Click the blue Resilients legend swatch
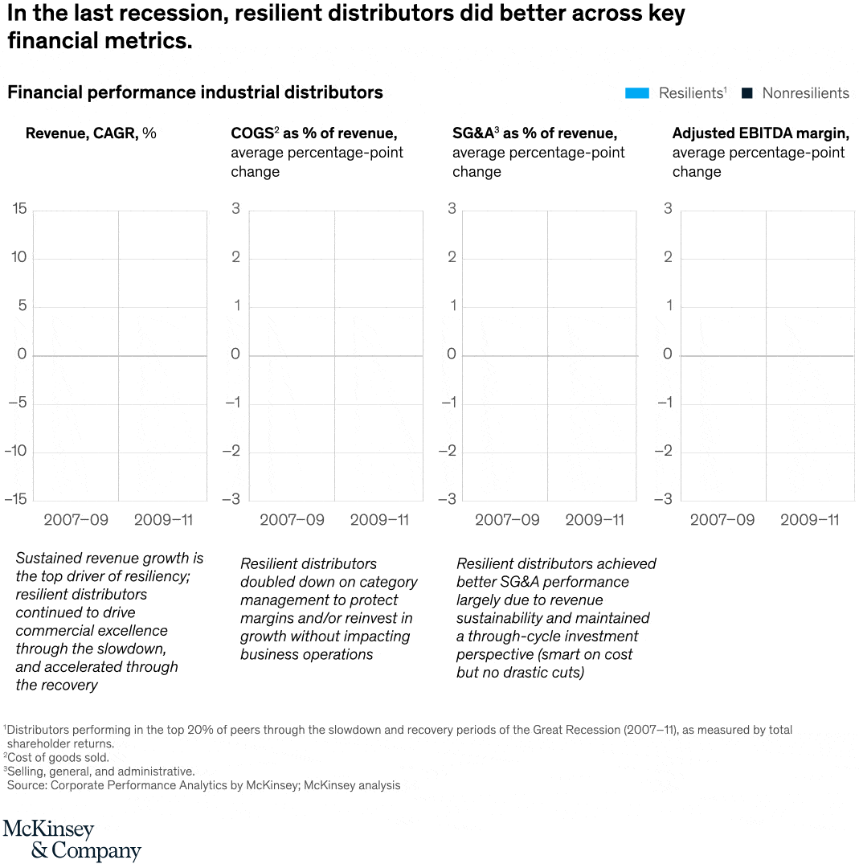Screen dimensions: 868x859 [636, 93]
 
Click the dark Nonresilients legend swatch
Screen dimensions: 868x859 [747, 93]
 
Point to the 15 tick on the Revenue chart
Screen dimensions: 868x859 [19, 210]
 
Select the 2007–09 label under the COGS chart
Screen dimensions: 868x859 [292, 520]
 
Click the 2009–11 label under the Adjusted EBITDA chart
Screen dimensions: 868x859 [809, 520]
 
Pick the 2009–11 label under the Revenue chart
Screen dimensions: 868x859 [163, 520]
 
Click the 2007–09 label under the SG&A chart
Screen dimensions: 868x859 [507, 520]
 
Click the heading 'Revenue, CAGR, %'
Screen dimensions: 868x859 [91, 133]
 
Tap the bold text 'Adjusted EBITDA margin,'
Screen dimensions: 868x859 [760, 133]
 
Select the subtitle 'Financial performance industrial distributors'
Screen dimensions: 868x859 [195, 93]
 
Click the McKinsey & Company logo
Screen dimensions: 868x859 [72, 840]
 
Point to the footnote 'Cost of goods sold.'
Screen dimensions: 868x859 [58, 757]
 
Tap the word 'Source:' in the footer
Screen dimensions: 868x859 [27, 785]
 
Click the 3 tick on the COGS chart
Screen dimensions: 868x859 [235, 210]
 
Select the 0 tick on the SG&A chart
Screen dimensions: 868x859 [452, 354]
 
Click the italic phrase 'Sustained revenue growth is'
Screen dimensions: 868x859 [109, 558]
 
